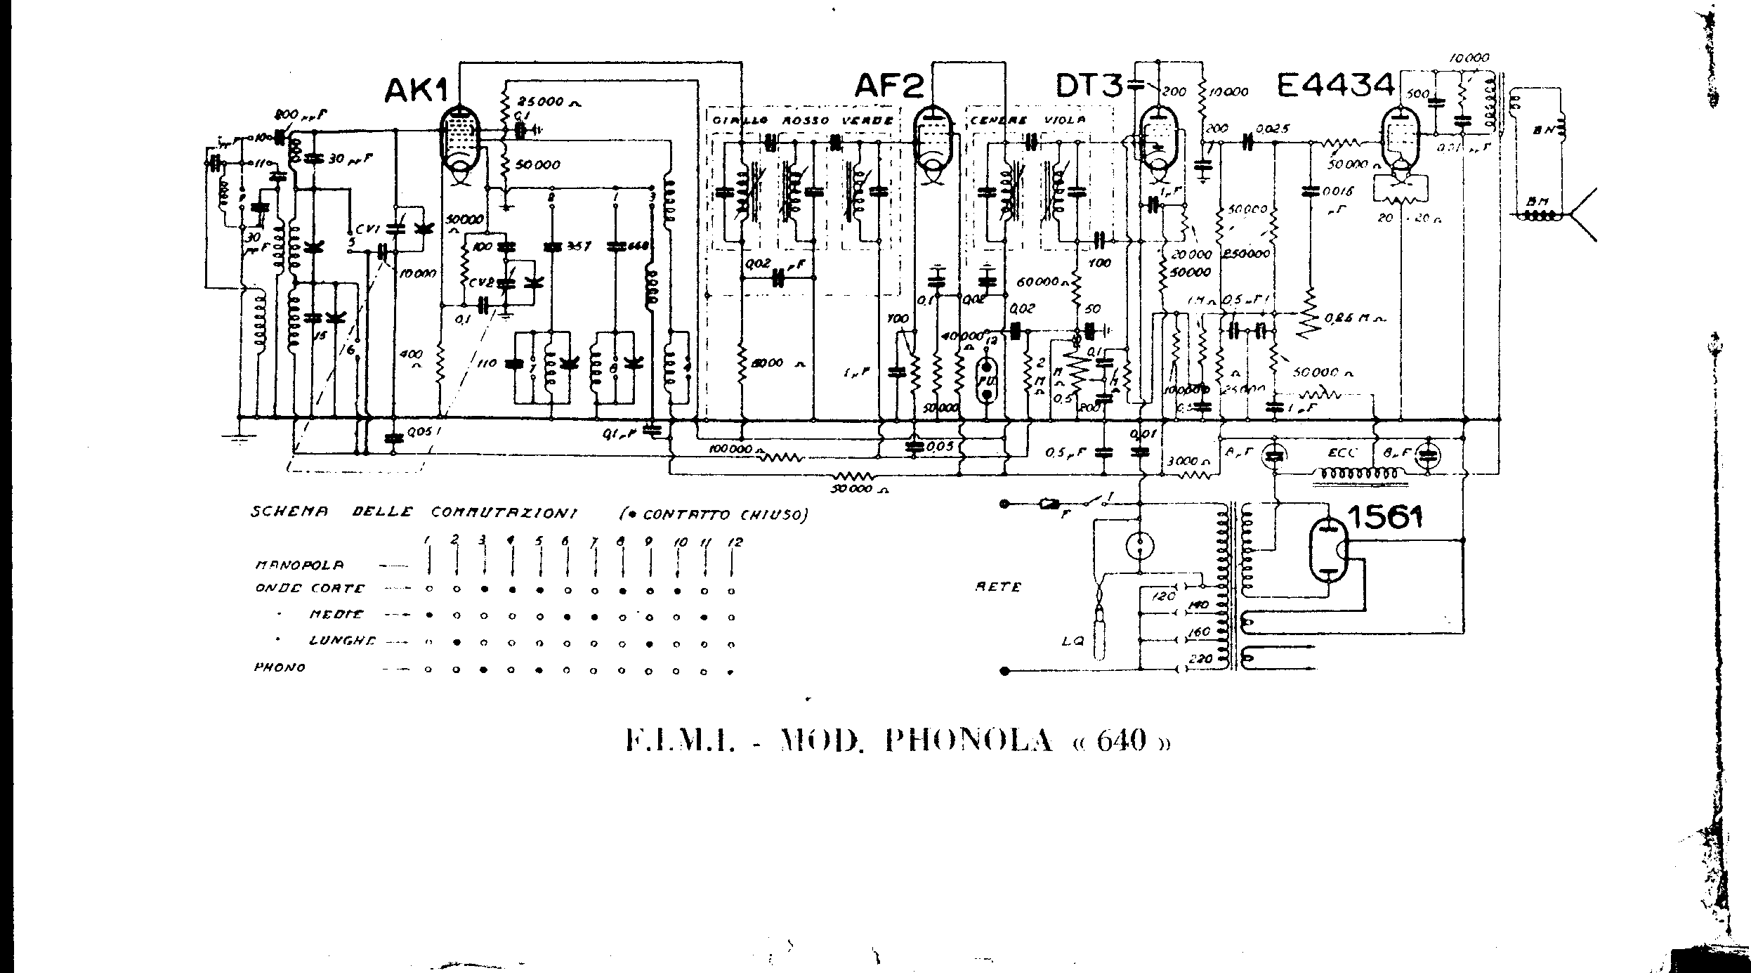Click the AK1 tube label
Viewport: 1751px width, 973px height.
pyautogui.click(x=415, y=89)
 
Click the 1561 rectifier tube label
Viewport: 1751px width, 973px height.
pyautogui.click(x=1384, y=518)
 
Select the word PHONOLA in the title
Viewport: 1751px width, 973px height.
pyautogui.click(x=969, y=741)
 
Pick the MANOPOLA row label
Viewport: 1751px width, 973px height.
pyautogui.click(x=299, y=565)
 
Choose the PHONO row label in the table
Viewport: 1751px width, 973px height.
pyautogui.click(x=279, y=667)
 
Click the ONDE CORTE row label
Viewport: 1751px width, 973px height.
pyautogui.click(x=310, y=589)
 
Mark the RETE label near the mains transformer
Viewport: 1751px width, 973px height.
pyautogui.click(x=998, y=587)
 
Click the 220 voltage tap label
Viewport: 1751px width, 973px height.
pyautogui.click(x=1198, y=659)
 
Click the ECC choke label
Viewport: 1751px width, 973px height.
pyautogui.click(x=1344, y=453)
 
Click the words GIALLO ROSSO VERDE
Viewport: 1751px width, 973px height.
pyautogui.click(x=801, y=120)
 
